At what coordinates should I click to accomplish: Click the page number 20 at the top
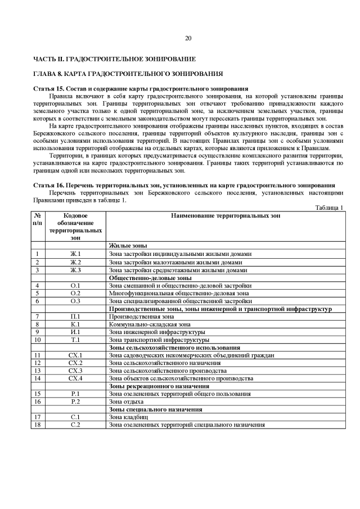188,38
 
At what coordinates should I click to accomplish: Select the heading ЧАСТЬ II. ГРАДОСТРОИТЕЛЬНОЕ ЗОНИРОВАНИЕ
115,58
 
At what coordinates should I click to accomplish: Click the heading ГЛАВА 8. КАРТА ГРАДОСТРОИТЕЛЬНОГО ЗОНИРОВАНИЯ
128,74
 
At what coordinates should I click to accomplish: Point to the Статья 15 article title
141,89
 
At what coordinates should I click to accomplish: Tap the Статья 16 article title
184,185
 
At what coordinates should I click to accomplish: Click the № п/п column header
38,219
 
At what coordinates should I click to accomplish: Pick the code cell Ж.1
75,254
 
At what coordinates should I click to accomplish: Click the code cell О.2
75,293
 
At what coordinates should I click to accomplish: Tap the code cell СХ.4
75,379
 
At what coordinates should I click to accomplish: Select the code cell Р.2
75,402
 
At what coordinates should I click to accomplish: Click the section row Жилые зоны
128,246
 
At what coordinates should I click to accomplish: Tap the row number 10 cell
38,340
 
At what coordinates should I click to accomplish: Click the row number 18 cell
38,425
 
